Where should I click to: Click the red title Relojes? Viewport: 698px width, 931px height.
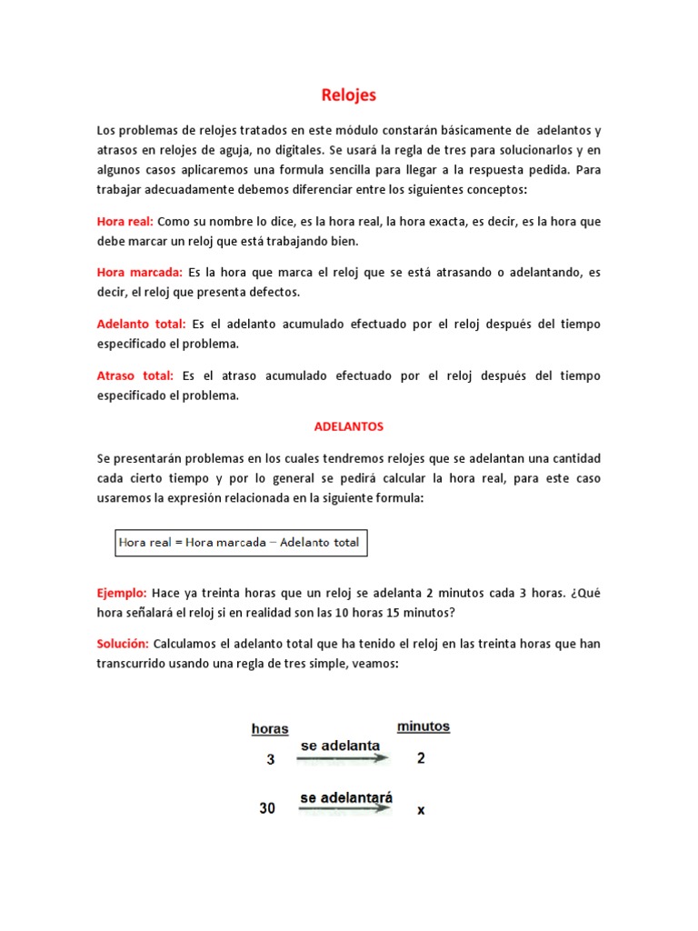pyautogui.click(x=349, y=95)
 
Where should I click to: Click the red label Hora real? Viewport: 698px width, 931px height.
pyautogui.click(x=125, y=221)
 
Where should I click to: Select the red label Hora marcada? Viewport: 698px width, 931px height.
pyautogui.click(x=140, y=272)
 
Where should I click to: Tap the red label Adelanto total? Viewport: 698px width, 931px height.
pyautogui.click(x=141, y=324)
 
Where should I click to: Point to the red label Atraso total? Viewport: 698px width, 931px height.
pyautogui.click(x=135, y=375)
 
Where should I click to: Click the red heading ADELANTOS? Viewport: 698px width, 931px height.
pyautogui.click(x=349, y=425)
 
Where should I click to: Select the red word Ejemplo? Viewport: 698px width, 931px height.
pyautogui.click(x=122, y=593)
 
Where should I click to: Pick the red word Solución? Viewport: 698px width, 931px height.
pyautogui.click(x=123, y=644)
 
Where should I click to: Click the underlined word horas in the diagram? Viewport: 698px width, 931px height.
pyautogui.click(x=270, y=728)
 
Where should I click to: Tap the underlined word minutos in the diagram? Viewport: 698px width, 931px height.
pyautogui.click(x=423, y=726)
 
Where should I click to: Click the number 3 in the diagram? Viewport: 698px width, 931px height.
pyautogui.click(x=270, y=760)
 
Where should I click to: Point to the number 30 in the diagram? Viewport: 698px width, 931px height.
pyautogui.click(x=267, y=807)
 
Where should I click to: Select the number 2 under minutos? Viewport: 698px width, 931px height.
pyautogui.click(x=421, y=758)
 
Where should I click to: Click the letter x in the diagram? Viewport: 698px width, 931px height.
pyautogui.click(x=421, y=809)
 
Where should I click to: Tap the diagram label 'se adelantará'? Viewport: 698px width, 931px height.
pyautogui.click(x=346, y=797)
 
